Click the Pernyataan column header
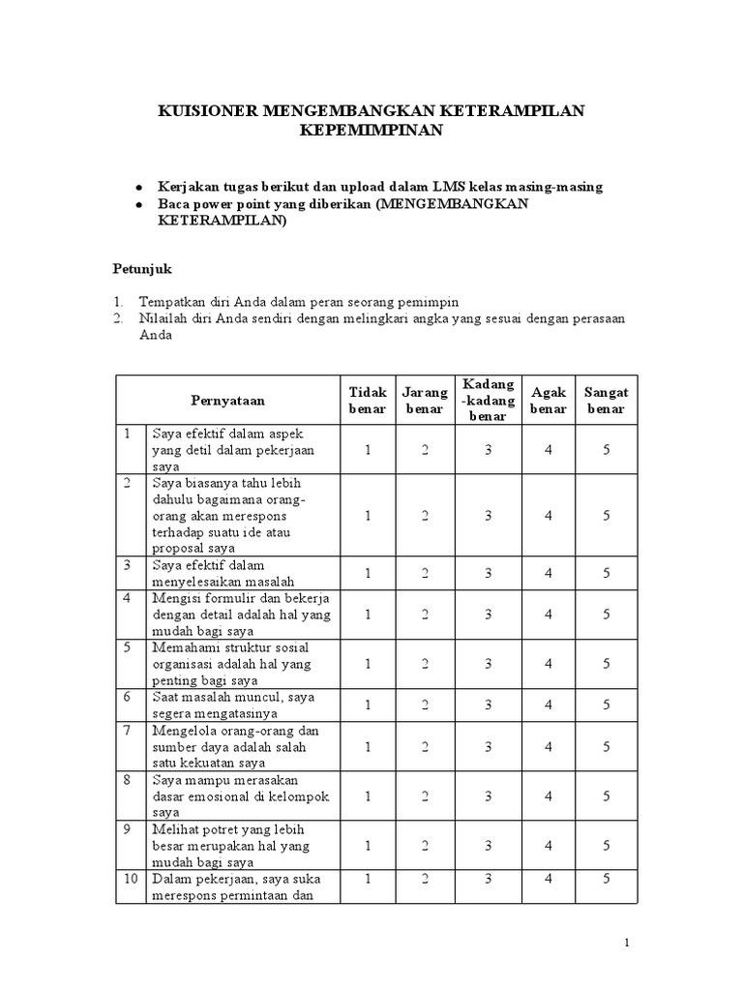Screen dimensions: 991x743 tap(227, 400)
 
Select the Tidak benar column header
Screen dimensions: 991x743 tap(368, 400)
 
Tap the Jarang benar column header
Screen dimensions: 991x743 tap(425, 400)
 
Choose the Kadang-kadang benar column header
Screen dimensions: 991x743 tap(489, 400)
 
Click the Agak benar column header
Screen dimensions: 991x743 tap(549, 400)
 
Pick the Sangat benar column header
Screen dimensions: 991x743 tap(606, 400)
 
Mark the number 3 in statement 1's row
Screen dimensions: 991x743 tap(489, 450)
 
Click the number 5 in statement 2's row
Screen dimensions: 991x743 tap(606, 516)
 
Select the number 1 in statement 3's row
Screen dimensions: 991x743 tap(368, 573)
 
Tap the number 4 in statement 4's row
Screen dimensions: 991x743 tap(549, 614)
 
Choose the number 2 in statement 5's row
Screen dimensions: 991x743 tap(425, 663)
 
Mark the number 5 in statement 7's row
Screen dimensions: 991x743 tap(606, 746)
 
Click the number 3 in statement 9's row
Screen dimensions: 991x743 tap(489, 845)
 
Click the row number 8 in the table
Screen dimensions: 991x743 tap(127, 778)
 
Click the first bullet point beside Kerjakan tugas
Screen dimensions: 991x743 tap(139, 187)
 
